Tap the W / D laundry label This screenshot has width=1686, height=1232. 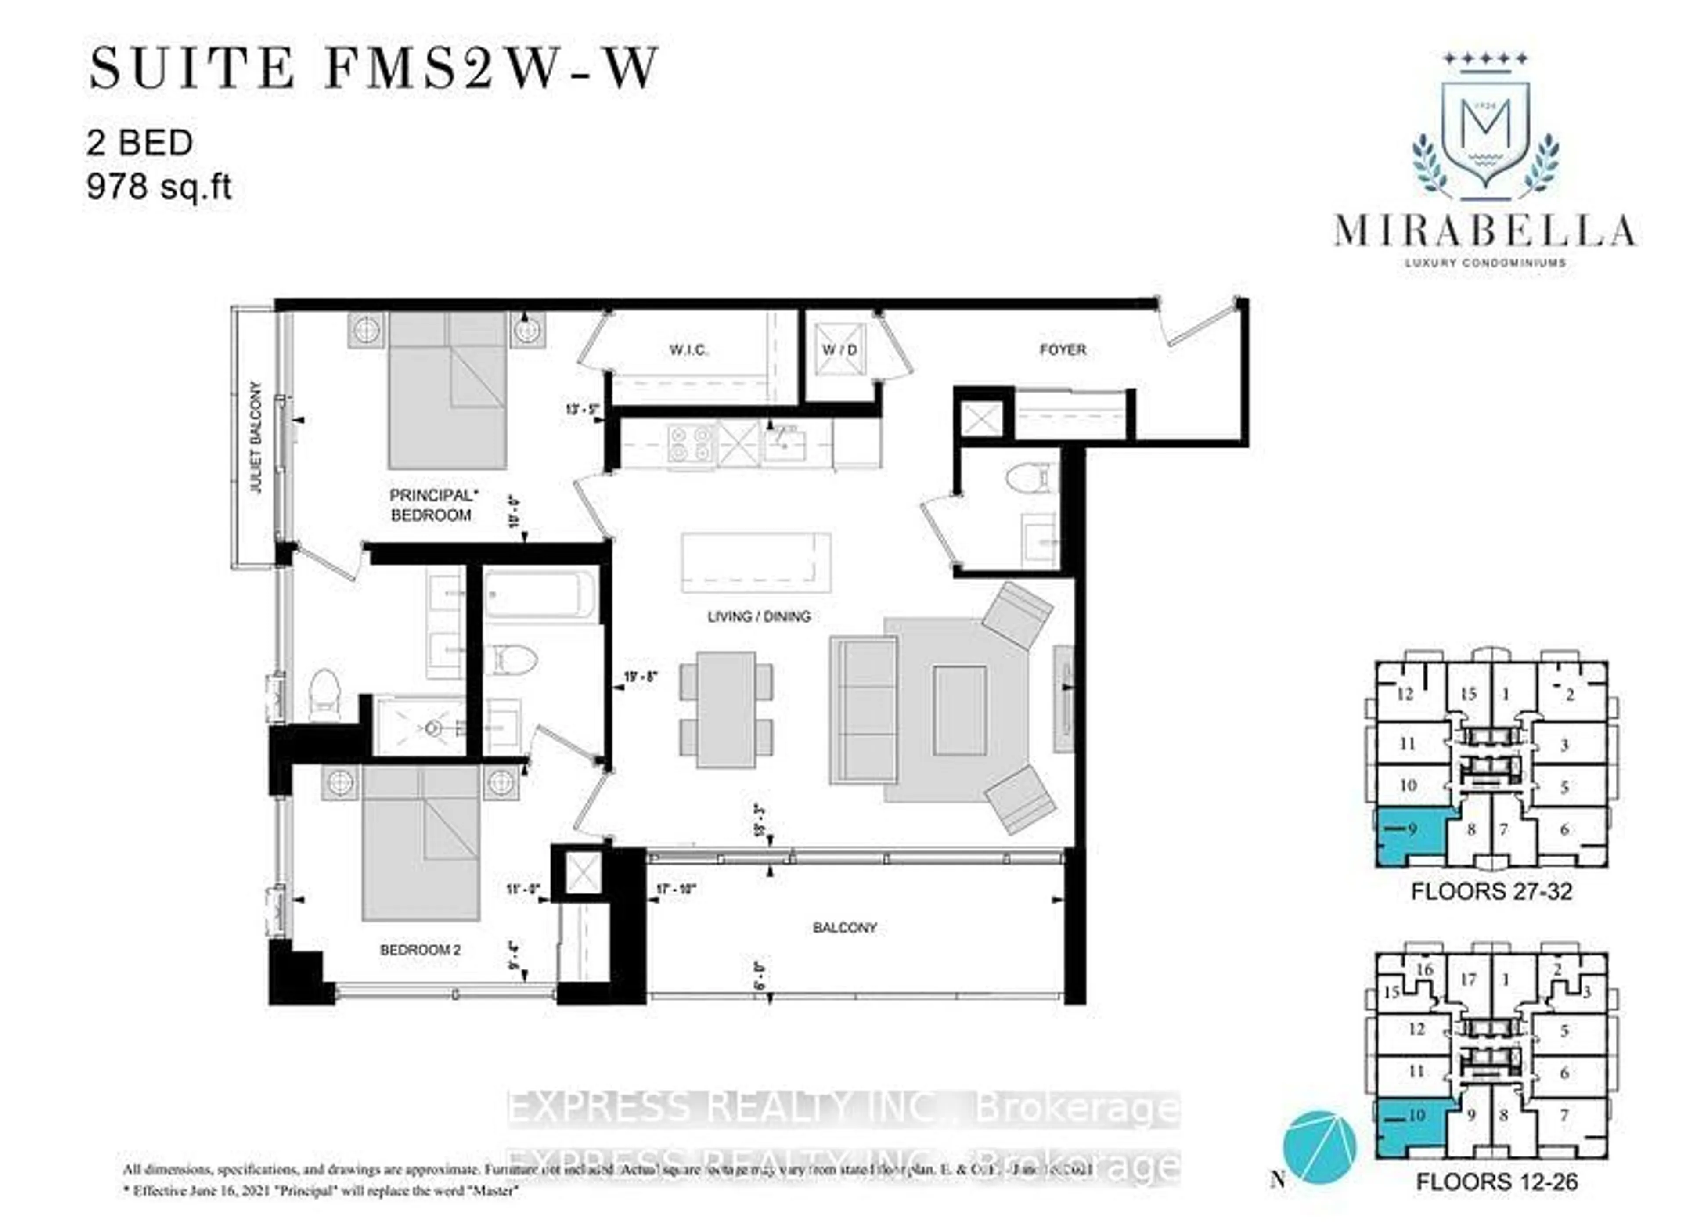click(x=839, y=350)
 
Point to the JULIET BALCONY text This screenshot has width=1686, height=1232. click(x=256, y=437)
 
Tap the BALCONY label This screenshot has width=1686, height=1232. click(x=844, y=928)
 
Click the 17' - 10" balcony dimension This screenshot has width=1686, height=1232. click(x=676, y=890)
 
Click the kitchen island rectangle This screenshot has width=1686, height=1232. click(x=755, y=562)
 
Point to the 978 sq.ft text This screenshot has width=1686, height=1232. click(x=159, y=187)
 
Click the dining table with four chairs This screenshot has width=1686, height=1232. click(x=726, y=709)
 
